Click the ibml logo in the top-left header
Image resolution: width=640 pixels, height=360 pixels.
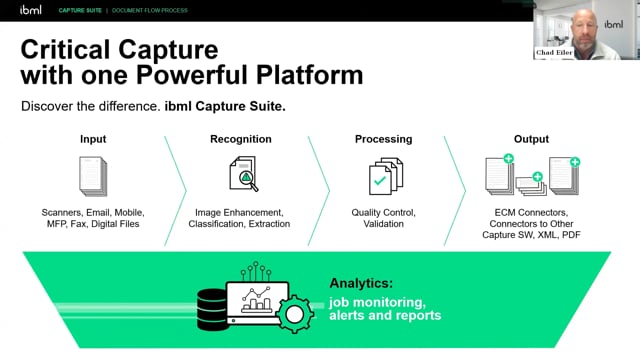tap(31, 10)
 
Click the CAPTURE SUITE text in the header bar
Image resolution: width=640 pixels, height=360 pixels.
tap(80, 10)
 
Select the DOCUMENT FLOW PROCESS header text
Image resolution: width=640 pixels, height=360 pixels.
tap(150, 10)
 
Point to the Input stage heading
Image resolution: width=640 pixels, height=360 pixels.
tap(93, 139)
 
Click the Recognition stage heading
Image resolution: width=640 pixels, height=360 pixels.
tap(241, 139)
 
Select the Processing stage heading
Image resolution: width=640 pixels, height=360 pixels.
tap(383, 139)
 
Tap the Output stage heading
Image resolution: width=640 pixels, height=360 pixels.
tap(531, 139)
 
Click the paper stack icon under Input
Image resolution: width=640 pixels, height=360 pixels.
tap(93, 176)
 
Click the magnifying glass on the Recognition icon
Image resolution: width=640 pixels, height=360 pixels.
tap(248, 180)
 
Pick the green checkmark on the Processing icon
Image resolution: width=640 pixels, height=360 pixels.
tap(380, 180)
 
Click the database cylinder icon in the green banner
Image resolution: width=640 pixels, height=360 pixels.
tap(212, 309)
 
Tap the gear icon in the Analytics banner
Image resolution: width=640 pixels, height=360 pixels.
tap(295, 314)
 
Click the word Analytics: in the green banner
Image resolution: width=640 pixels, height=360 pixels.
tap(361, 283)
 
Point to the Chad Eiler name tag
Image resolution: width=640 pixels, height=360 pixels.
tap(554, 52)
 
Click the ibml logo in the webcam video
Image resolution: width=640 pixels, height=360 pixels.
tap(613, 24)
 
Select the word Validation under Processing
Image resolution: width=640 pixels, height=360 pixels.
tap(384, 224)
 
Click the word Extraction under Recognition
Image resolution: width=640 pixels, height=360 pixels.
tap(269, 224)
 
